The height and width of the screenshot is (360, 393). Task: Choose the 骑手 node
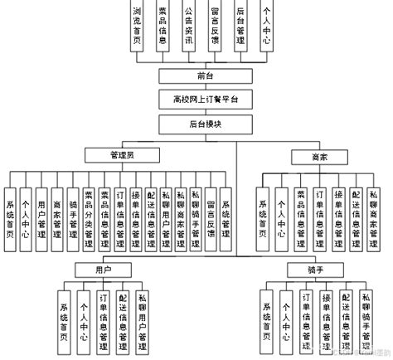(303, 270)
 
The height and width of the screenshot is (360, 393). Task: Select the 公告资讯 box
(188, 26)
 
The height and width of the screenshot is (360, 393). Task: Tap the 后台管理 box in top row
(240, 26)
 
